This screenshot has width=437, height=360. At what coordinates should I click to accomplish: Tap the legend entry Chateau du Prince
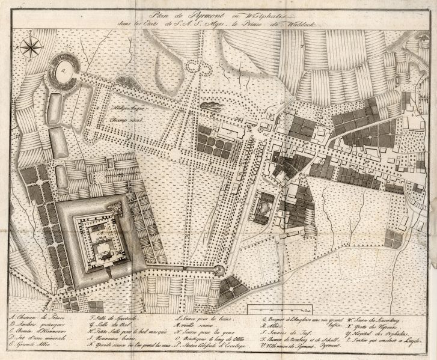click(x=36, y=317)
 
